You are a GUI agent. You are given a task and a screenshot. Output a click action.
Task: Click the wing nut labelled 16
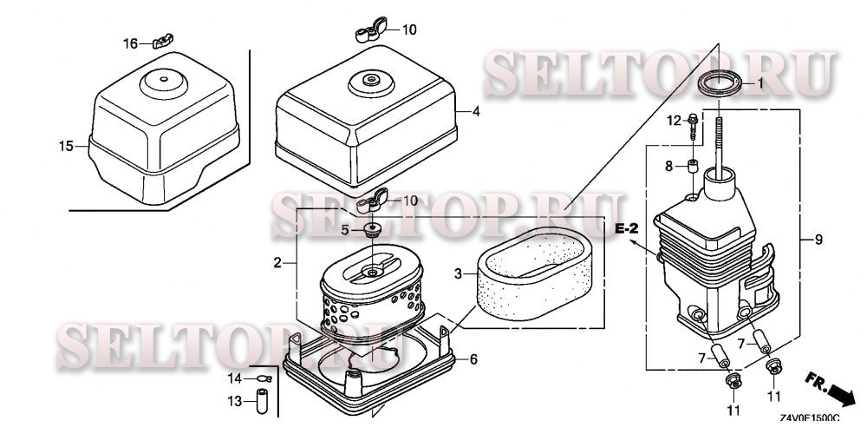(163, 41)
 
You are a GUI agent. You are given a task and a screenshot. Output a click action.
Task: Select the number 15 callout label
(66, 146)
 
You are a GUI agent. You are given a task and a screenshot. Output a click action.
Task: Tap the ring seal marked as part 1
(718, 83)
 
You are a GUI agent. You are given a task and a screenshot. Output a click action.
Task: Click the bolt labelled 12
(693, 126)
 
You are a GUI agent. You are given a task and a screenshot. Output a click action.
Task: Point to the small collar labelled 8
(691, 167)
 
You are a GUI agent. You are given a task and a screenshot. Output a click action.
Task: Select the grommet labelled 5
(373, 230)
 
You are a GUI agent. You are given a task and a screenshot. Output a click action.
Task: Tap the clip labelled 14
(264, 378)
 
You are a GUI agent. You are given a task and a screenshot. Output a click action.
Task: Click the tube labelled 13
(262, 401)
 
